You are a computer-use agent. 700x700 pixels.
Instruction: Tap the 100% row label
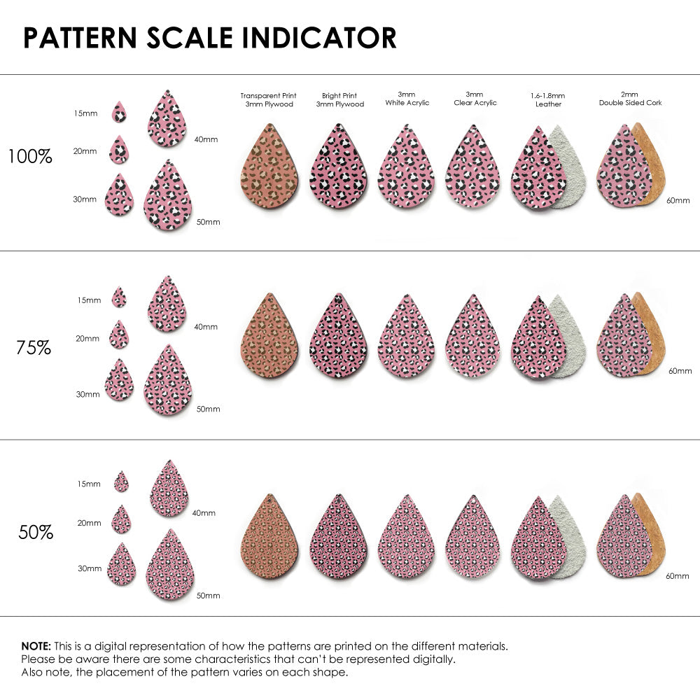click(30, 156)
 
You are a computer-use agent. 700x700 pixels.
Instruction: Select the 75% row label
click(34, 347)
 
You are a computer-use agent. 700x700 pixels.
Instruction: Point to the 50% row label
click(36, 532)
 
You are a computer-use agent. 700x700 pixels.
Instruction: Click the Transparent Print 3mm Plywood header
click(268, 99)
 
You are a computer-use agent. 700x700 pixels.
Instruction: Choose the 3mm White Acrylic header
click(407, 99)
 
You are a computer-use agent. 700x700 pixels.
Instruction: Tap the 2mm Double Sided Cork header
click(630, 99)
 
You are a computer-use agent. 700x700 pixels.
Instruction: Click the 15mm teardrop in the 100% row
click(120, 112)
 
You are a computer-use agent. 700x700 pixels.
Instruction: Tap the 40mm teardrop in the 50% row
click(169, 489)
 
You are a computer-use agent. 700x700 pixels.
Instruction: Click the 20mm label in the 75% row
click(87, 338)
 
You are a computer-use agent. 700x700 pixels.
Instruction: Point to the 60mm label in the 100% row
click(678, 200)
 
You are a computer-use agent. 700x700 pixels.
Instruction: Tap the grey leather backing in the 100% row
click(570, 168)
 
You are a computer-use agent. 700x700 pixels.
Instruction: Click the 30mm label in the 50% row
click(90, 568)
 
